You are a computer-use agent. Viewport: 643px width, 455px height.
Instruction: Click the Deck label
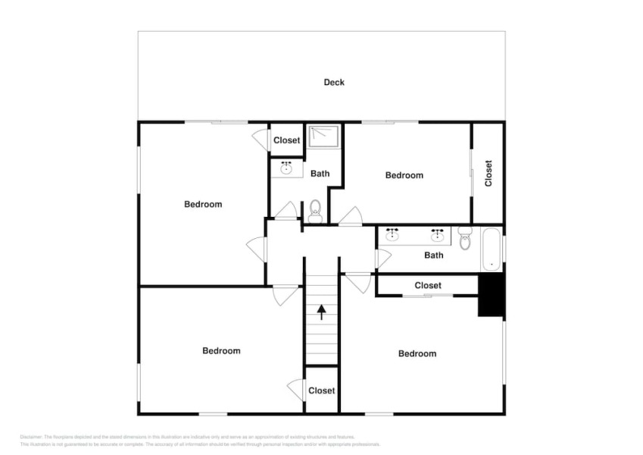pyautogui.click(x=334, y=82)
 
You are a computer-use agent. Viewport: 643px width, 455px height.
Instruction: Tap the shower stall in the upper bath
pyautogui.click(x=323, y=137)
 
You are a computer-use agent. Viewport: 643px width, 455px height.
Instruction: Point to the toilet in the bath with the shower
pyautogui.click(x=316, y=211)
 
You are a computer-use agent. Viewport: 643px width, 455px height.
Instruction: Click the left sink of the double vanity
pyautogui.click(x=392, y=235)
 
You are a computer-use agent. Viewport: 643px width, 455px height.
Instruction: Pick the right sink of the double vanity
pyautogui.click(x=437, y=235)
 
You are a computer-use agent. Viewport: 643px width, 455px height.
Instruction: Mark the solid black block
pyautogui.click(x=491, y=295)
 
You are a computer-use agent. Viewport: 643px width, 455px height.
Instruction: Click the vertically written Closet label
pyautogui.click(x=488, y=173)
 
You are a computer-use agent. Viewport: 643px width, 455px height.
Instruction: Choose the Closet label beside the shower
pyautogui.click(x=287, y=140)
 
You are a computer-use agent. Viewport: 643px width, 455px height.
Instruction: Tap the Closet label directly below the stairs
pyautogui.click(x=322, y=391)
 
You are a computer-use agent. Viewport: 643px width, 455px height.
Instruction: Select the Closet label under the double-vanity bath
pyautogui.click(x=428, y=285)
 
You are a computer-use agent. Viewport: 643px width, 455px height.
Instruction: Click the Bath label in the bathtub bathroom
pyautogui.click(x=434, y=256)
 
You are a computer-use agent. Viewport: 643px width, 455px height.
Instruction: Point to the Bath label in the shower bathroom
pyautogui.click(x=320, y=174)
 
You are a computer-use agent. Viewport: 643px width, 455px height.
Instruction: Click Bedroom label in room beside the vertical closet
pyautogui.click(x=404, y=175)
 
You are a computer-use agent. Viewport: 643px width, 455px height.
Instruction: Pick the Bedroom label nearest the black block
pyautogui.click(x=417, y=353)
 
